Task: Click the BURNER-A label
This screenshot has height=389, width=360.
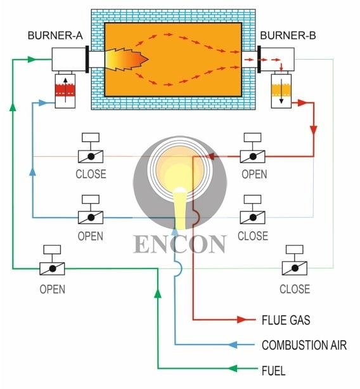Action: [x=55, y=34]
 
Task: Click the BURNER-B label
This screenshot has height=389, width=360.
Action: [x=288, y=34]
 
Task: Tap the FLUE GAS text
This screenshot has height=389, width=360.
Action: [x=286, y=319]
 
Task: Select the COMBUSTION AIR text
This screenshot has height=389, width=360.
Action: [x=304, y=345]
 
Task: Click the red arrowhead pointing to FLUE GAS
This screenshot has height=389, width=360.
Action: [x=242, y=319]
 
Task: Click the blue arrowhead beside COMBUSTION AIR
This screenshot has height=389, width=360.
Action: [x=235, y=345]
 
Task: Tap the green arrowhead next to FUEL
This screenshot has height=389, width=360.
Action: [x=234, y=369]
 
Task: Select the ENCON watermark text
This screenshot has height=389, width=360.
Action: [x=180, y=244]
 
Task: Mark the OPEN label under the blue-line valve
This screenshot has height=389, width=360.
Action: [x=90, y=236]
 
